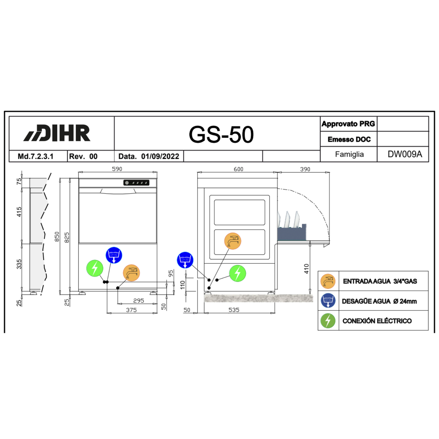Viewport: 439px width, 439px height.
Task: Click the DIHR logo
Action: (x=57, y=133)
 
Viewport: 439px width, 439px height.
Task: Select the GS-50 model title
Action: (x=221, y=135)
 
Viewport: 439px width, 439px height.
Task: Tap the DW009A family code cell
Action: (x=405, y=154)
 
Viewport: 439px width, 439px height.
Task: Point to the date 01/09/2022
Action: (x=160, y=156)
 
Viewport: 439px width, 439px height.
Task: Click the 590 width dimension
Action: (x=117, y=169)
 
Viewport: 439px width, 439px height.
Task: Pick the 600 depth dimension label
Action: (x=238, y=169)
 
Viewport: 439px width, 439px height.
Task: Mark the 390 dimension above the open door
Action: (x=305, y=169)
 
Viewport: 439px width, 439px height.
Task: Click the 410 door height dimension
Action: (x=306, y=269)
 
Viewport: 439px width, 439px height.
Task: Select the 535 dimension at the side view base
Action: (x=234, y=310)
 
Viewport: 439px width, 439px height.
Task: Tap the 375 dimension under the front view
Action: (x=131, y=310)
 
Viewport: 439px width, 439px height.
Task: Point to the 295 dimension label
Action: (x=139, y=301)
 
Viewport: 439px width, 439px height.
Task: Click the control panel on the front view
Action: (x=136, y=183)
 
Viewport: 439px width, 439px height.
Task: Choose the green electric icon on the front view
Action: (x=95, y=268)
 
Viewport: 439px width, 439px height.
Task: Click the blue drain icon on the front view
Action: (x=114, y=255)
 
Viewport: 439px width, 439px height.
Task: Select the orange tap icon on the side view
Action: (x=233, y=241)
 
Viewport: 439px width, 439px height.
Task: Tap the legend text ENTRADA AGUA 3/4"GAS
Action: (x=380, y=281)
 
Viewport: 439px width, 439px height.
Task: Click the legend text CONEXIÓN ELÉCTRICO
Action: (x=377, y=321)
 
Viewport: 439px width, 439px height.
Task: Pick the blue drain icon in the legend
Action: (x=328, y=301)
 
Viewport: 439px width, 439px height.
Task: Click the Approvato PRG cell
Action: (x=348, y=124)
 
